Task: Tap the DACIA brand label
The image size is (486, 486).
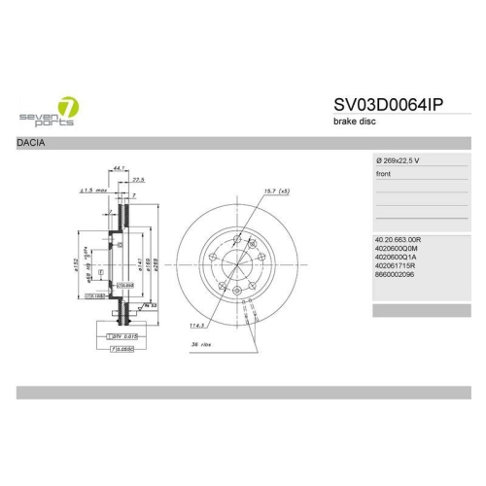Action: point(30,143)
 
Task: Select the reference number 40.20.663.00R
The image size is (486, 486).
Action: point(399,237)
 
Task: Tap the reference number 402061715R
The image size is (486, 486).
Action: point(395,266)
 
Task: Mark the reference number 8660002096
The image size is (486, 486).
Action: point(395,276)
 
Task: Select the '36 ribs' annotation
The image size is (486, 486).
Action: point(200,345)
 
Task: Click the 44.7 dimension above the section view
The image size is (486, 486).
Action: point(120,167)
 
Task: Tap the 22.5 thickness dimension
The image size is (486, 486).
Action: point(138,179)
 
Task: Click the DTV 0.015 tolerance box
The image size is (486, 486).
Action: point(115,335)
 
